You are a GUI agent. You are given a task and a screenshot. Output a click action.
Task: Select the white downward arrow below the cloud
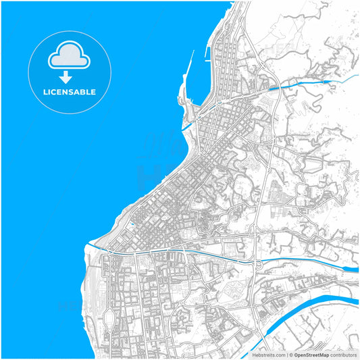(66, 78)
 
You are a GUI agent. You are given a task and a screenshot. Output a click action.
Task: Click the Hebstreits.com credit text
(267, 355)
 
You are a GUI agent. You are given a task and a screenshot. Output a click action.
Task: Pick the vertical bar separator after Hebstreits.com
(286, 355)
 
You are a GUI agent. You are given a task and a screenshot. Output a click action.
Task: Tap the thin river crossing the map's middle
(203, 251)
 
